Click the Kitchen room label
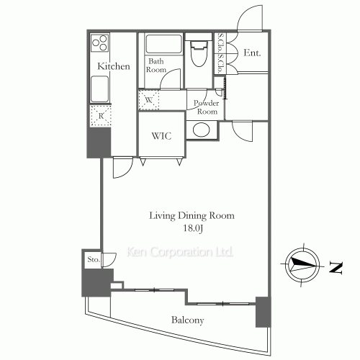[114, 66]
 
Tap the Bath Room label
[156, 66]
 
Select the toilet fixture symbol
[198, 52]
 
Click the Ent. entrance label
[252, 53]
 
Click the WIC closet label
[161, 136]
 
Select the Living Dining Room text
[192, 215]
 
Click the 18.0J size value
[192, 228]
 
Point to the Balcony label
[186, 320]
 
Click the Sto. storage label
[93, 259]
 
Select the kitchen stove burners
[100, 43]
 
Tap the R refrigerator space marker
[100, 114]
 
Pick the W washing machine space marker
[150, 99]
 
